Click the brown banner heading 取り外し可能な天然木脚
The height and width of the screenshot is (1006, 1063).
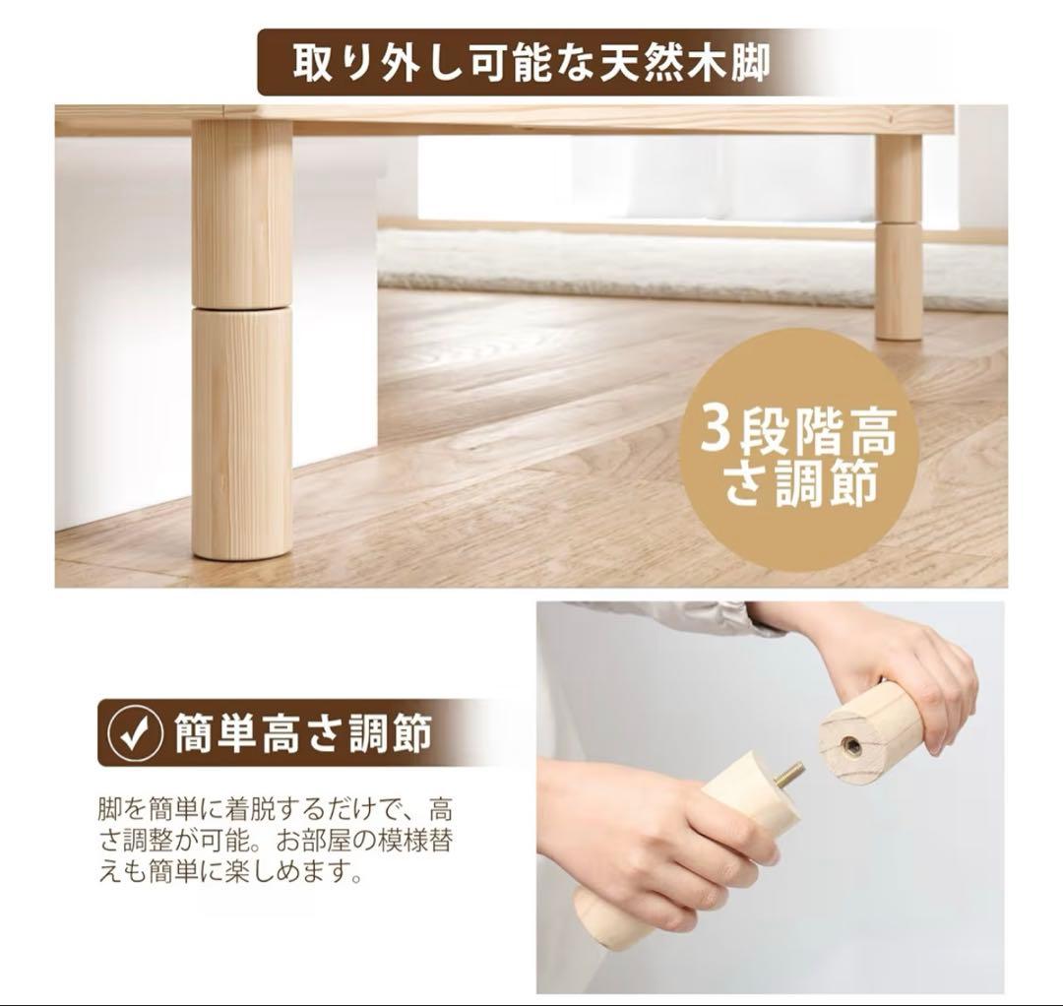point(531,62)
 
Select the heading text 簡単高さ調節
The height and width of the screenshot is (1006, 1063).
point(303,734)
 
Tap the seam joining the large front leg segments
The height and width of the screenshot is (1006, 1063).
point(241,306)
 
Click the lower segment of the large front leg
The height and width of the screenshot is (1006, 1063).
point(242,433)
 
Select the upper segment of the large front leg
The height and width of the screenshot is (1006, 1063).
point(241,212)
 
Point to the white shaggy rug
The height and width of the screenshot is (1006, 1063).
point(689,266)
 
